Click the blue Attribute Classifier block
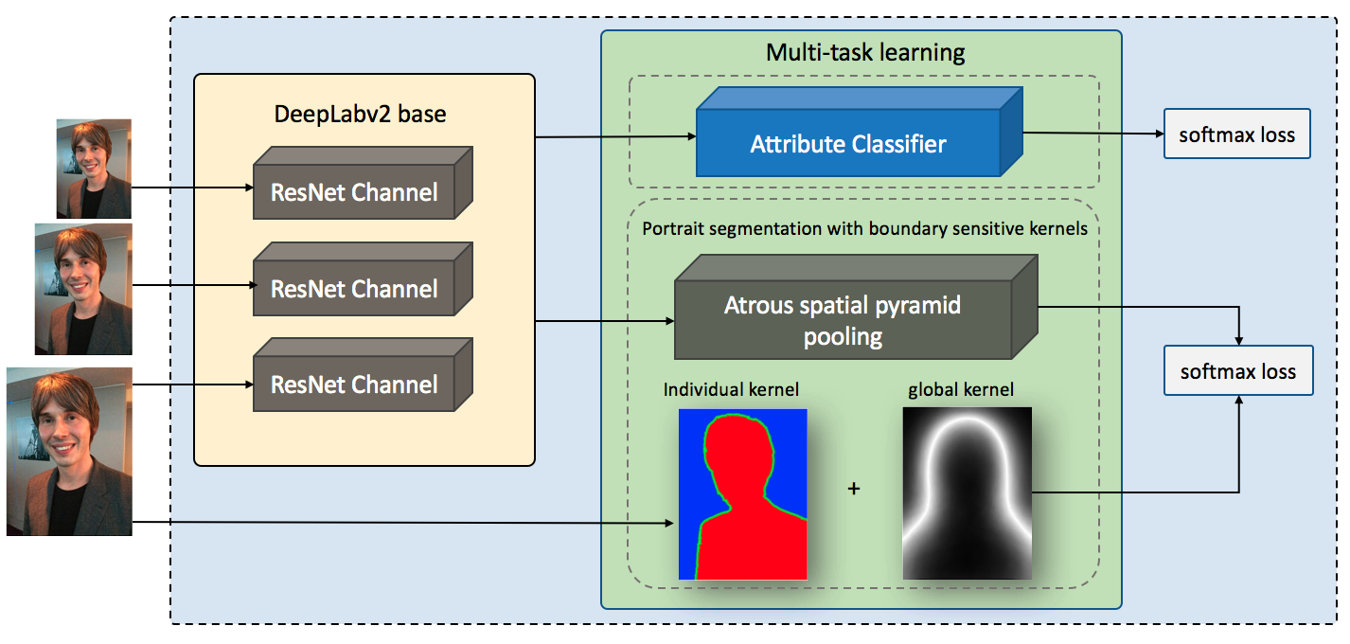point(859,132)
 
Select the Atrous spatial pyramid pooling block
point(856,308)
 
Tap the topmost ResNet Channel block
point(363,183)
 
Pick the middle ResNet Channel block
point(363,279)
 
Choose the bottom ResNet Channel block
point(363,375)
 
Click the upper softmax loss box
point(1236,134)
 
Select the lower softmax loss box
point(1238,371)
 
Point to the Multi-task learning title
point(865,52)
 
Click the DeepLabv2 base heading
point(360,114)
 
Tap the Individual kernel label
point(731,389)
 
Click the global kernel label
point(961,389)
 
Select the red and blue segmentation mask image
point(742,494)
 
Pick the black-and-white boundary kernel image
point(968,493)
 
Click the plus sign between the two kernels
point(853,488)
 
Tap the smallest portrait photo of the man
point(94,169)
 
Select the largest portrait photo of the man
point(69,452)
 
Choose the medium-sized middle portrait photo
point(83,290)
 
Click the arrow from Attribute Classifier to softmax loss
point(1093,134)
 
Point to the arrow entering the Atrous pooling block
point(605,321)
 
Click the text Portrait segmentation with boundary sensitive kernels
point(865,229)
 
